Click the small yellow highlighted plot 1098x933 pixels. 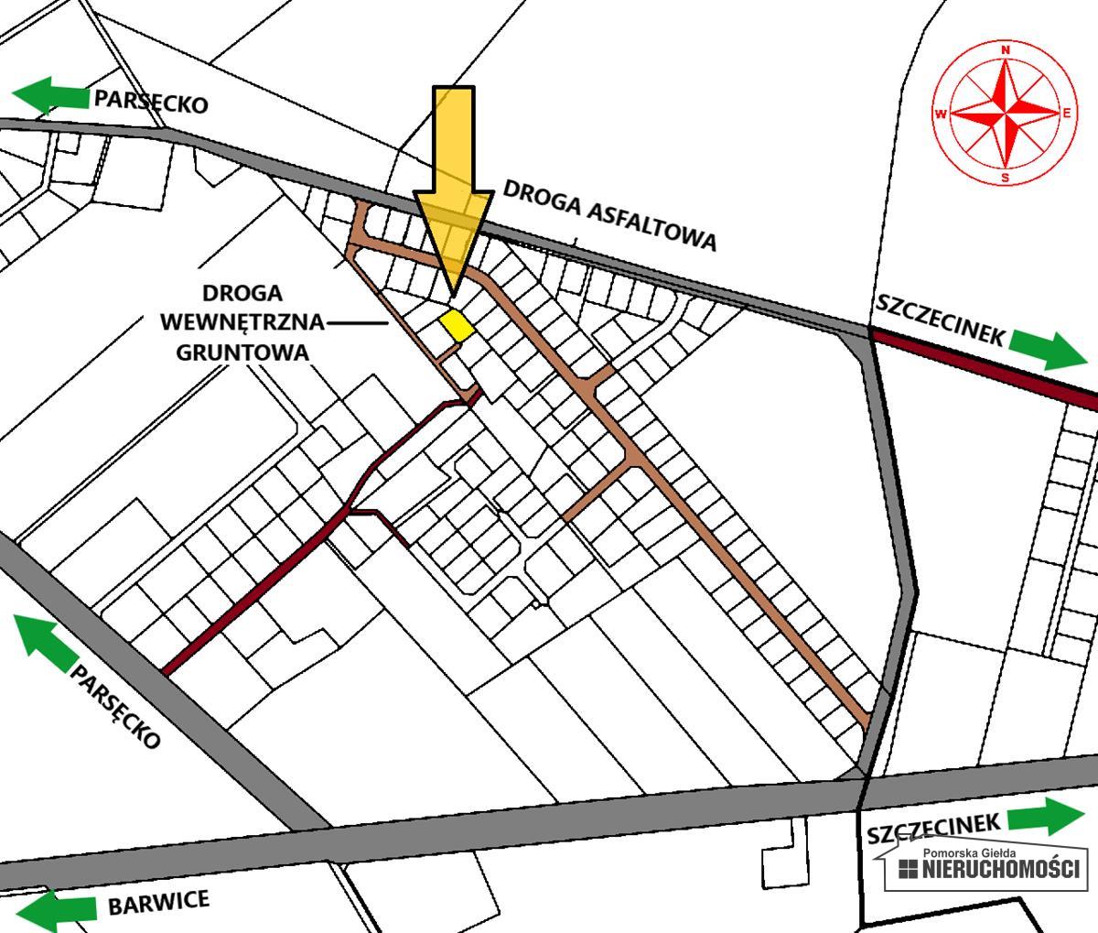coord(457,326)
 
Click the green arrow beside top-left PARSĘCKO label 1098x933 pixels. coord(51,95)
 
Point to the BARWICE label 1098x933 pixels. coord(158,903)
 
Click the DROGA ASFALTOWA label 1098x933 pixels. coord(609,214)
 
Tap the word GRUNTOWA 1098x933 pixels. coord(242,352)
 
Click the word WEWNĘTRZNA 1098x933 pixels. coord(242,322)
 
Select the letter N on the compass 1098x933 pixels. coord(1006,50)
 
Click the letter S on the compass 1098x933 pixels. coord(1006,178)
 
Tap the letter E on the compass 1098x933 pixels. coord(1067,114)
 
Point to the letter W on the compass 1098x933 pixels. coord(941,114)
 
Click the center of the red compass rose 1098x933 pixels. coord(1006,114)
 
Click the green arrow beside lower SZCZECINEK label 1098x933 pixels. coord(1045,816)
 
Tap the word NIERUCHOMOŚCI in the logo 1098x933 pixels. coord(1000,869)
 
